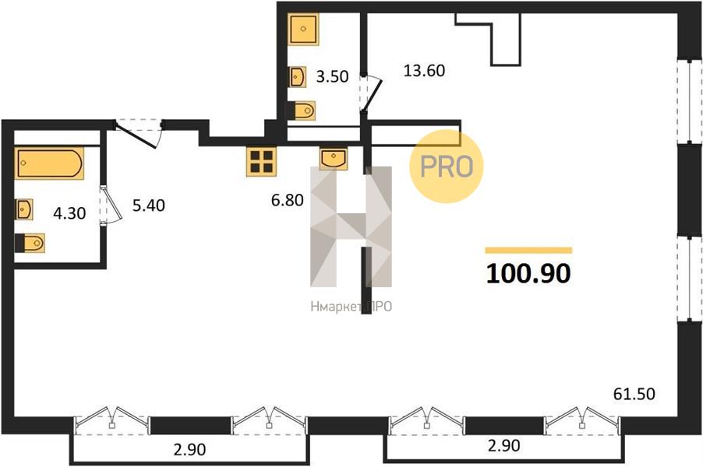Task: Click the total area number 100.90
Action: pyautogui.click(x=528, y=273)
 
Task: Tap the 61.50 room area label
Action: pyautogui.click(x=634, y=394)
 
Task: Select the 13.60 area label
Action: pyautogui.click(x=424, y=71)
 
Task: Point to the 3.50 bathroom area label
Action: pyautogui.click(x=332, y=76)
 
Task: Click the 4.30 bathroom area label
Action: pyautogui.click(x=69, y=213)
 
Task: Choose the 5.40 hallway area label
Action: pyautogui.click(x=149, y=205)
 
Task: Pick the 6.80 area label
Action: pyautogui.click(x=288, y=200)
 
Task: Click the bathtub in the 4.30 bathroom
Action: pyautogui.click(x=49, y=163)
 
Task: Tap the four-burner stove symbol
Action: pyautogui.click(x=261, y=161)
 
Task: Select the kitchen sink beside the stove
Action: pyautogui.click(x=334, y=158)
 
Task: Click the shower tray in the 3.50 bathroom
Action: pyautogui.click(x=303, y=29)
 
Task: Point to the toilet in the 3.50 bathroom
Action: pyautogui.click(x=301, y=111)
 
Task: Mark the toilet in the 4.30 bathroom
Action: pyautogui.click(x=30, y=243)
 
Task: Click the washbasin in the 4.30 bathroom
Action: pyautogui.click(x=23, y=209)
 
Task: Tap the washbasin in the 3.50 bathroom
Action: pyautogui.click(x=297, y=77)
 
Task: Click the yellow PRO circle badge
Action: pyautogui.click(x=447, y=167)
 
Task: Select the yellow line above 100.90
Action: pyautogui.click(x=528, y=251)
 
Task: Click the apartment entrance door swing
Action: pyautogui.click(x=138, y=132)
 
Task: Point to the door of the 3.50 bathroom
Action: pyautogui.click(x=370, y=94)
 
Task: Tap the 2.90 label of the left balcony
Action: pyautogui.click(x=189, y=449)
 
